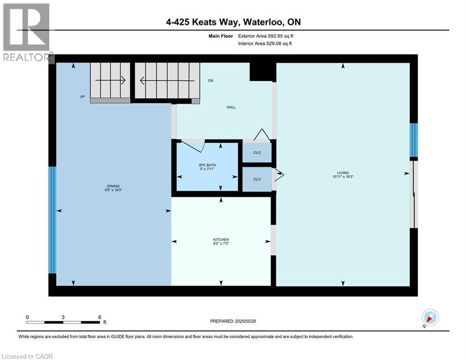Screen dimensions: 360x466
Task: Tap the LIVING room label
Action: (342, 172)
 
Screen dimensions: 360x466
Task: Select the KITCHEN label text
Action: (221, 240)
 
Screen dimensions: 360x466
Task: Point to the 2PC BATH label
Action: (207, 165)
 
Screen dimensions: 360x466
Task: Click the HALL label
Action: (231, 107)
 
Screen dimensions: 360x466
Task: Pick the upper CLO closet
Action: (257, 152)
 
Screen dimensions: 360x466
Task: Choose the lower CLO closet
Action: (257, 179)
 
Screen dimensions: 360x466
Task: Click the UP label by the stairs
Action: (82, 97)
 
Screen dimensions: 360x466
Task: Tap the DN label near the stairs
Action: (211, 81)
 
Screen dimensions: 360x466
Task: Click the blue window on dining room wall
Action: (52, 220)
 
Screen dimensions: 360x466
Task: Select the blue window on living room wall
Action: (413, 140)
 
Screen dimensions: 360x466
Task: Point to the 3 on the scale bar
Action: (63, 317)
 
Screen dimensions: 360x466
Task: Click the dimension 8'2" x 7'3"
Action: (221, 244)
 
